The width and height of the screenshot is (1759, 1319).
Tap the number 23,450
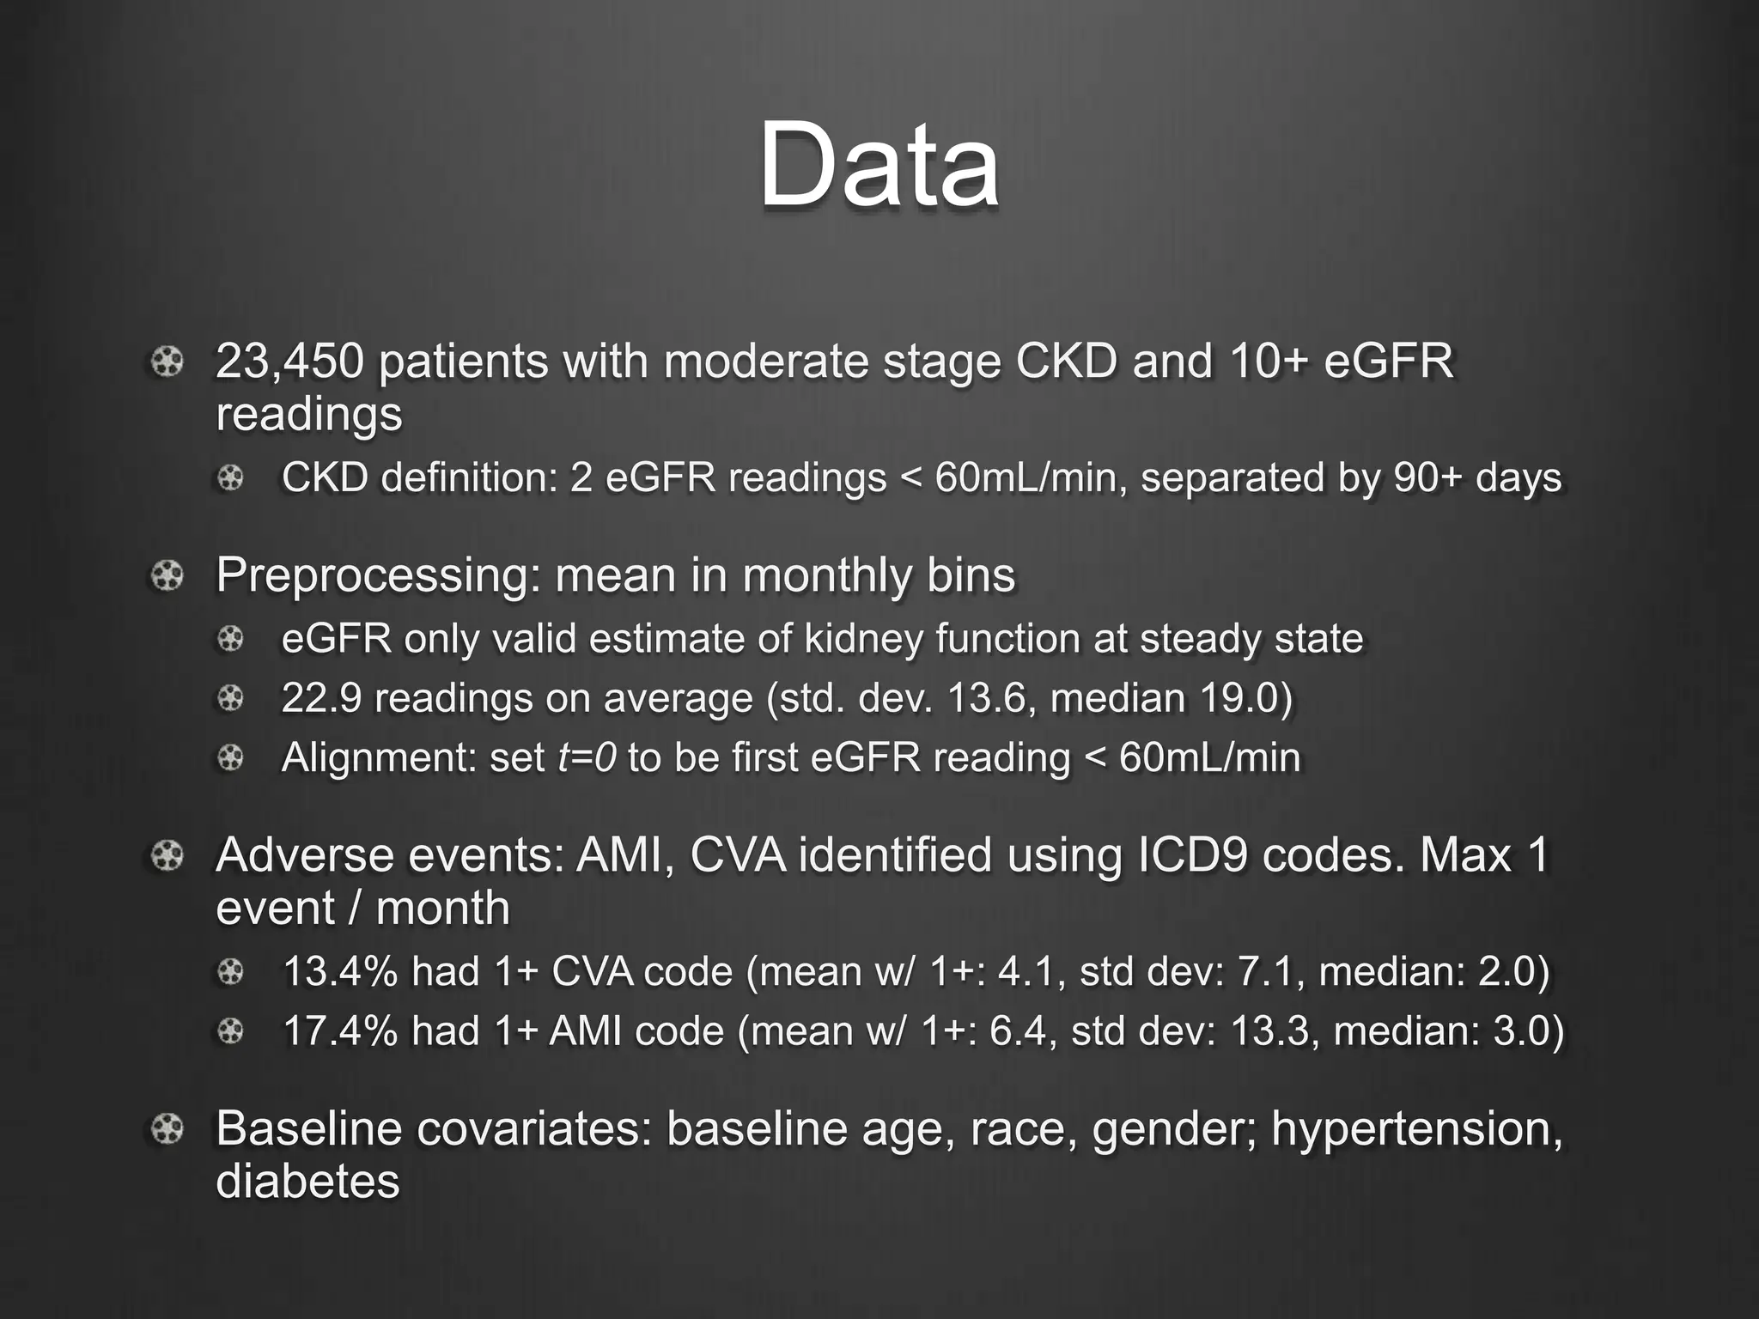tap(289, 361)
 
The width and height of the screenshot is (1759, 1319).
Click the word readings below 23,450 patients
tap(308, 414)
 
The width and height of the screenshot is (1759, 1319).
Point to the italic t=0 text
tap(587, 757)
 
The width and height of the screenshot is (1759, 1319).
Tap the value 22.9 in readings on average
tap(321, 698)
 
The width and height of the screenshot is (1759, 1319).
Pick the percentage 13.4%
tap(340, 972)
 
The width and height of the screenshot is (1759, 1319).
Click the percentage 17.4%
tap(340, 1031)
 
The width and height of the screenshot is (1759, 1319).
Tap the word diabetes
tap(307, 1182)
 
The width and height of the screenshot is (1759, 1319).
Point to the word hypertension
tap(1416, 1128)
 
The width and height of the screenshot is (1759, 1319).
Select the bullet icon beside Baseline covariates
tap(167, 1128)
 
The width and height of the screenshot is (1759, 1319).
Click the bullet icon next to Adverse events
tap(167, 855)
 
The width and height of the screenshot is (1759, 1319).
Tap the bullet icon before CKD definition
tap(230, 477)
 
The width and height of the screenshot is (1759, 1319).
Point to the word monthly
tap(822, 575)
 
